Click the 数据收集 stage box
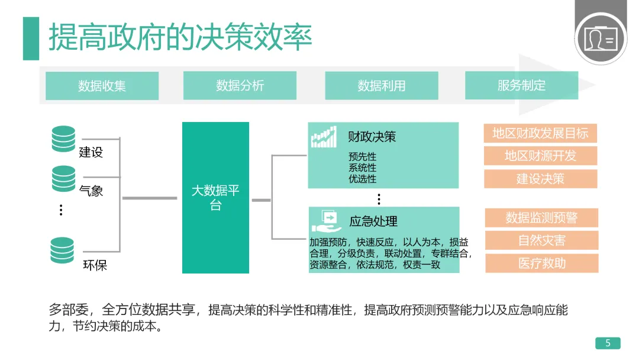102,86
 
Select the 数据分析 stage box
240,86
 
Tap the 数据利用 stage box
382,86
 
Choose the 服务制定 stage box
521,86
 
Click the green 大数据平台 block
215,198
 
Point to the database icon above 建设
63,139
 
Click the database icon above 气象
63,178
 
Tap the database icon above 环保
63,250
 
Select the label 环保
95,265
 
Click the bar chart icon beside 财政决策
324,137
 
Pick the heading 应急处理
373,221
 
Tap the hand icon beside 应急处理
324,221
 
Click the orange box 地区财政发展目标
540,133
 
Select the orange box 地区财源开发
540,156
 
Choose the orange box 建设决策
540,179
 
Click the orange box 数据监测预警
541,218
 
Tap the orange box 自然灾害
541,240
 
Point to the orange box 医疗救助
541,263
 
